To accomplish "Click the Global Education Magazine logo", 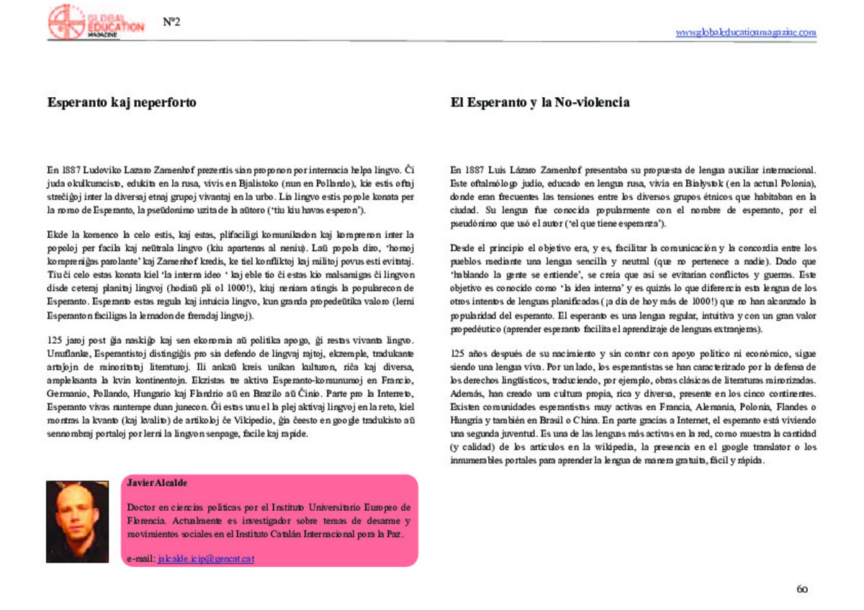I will (x=95, y=22).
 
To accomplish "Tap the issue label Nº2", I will (x=171, y=22).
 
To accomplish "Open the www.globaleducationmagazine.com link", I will (x=746, y=32).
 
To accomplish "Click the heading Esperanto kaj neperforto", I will (x=122, y=103).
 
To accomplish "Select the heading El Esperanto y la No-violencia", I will (x=540, y=103).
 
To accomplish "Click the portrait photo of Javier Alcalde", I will (x=77, y=521).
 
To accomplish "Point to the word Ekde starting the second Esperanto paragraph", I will (x=57, y=235).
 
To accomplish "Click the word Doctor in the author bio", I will (x=142, y=507).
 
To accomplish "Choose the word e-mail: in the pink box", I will (x=140, y=558).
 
